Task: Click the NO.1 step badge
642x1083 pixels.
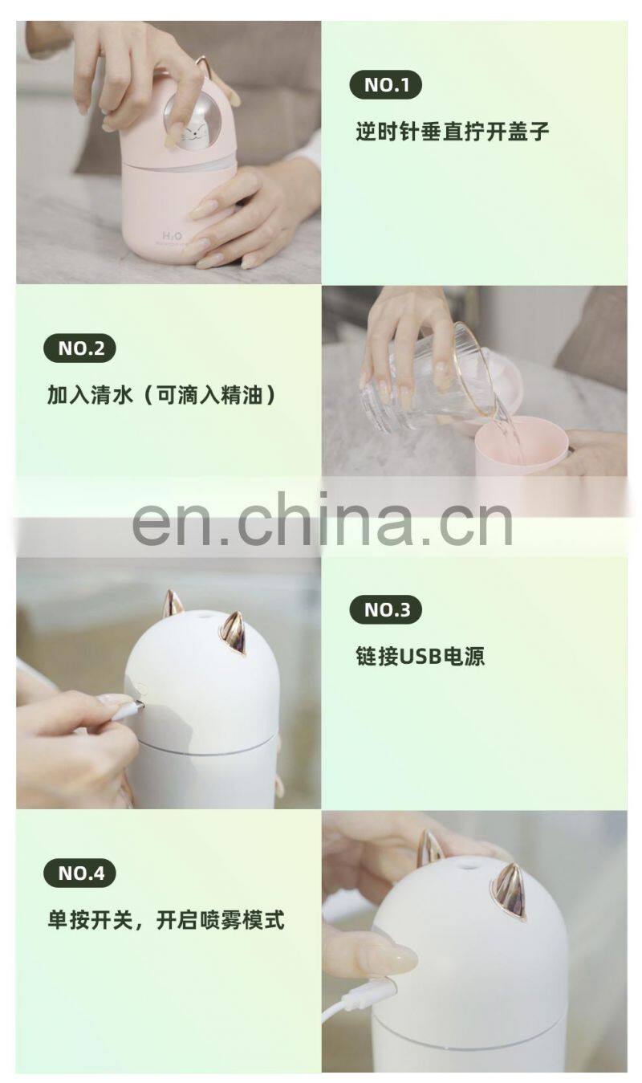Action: (x=385, y=84)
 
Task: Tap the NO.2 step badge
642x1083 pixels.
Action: (x=79, y=348)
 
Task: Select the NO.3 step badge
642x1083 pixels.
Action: (x=385, y=609)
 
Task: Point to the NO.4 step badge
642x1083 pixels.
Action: (x=79, y=873)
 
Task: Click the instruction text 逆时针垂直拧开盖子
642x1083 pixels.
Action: (x=453, y=132)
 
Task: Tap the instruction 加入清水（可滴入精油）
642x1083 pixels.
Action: (x=162, y=394)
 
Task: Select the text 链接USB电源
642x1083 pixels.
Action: (x=420, y=656)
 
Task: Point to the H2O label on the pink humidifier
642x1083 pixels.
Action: (x=172, y=236)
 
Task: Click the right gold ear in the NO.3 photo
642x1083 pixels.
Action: (x=234, y=633)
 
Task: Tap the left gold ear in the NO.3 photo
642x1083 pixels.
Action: (x=173, y=604)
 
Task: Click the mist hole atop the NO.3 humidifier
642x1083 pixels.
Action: (x=203, y=617)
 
